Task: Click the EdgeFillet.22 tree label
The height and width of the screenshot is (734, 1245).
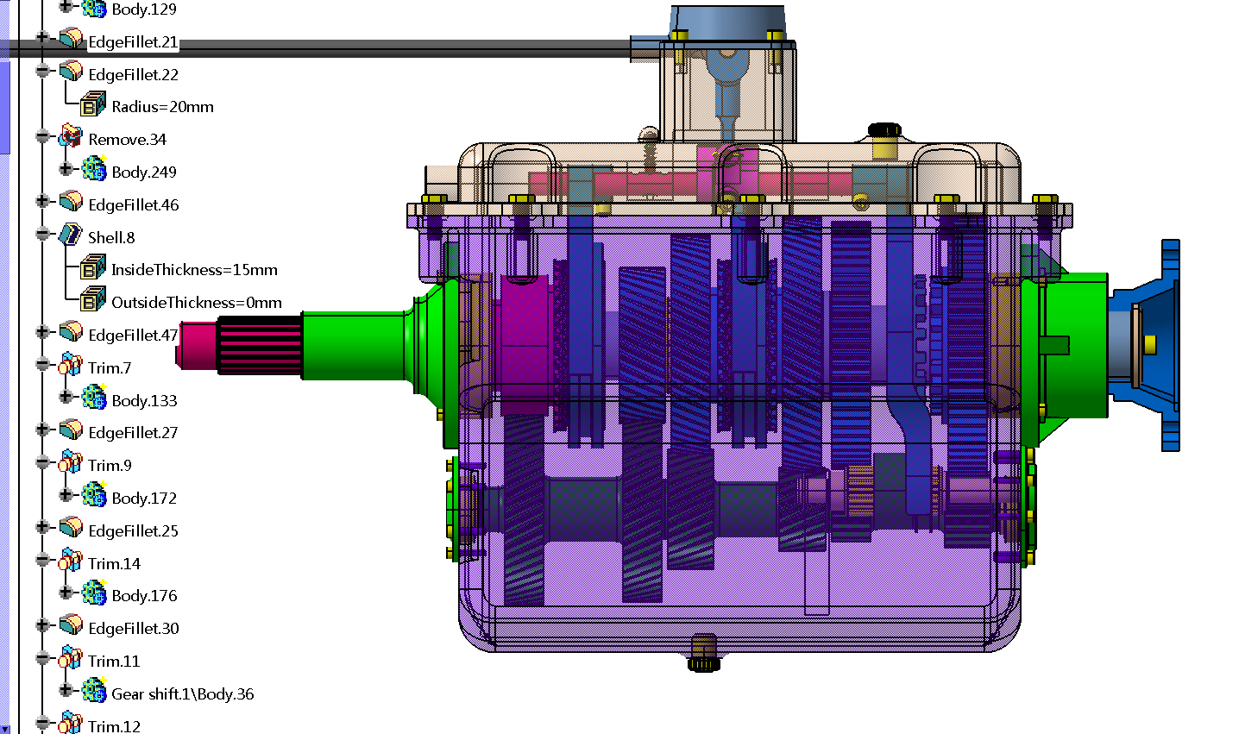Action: [x=134, y=74]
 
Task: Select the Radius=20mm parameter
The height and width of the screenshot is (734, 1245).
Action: [x=162, y=107]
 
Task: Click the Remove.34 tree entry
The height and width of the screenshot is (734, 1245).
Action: [x=128, y=140]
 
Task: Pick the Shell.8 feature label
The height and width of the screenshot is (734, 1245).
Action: [x=111, y=238]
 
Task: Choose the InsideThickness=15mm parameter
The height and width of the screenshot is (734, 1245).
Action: [x=194, y=270]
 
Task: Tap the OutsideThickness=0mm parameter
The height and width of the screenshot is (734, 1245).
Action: [x=196, y=303]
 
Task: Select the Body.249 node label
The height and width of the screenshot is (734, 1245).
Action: [x=144, y=173]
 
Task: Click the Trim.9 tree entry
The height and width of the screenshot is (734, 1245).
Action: [x=110, y=466]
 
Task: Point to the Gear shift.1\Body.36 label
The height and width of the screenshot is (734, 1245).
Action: [x=182, y=694]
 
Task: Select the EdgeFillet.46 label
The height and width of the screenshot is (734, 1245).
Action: [x=134, y=205]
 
